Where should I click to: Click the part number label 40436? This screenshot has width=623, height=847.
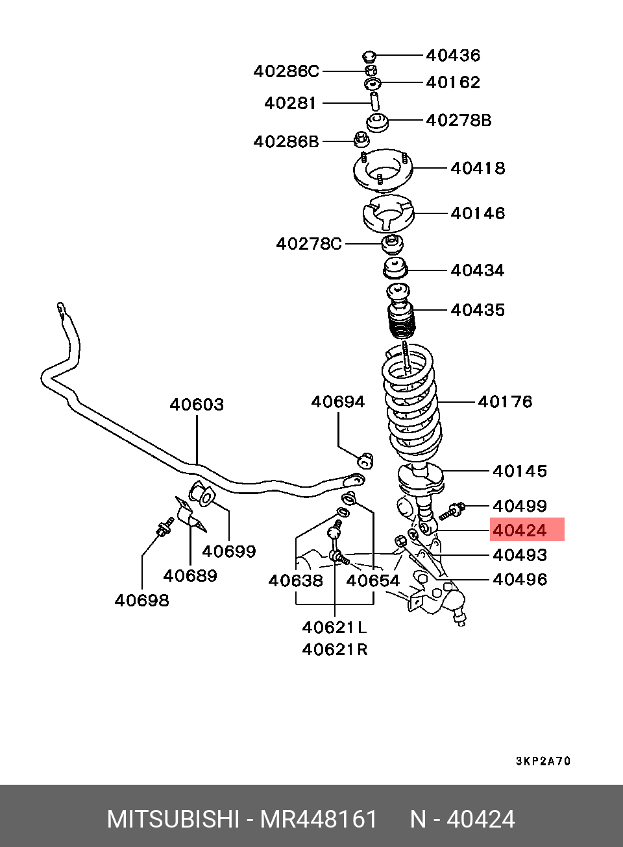point(453,55)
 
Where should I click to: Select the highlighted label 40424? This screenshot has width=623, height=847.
point(520,530)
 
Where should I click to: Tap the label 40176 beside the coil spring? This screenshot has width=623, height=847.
point(505,401)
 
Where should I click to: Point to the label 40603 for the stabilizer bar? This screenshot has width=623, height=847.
point(197,404)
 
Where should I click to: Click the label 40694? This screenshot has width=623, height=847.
point(337,401)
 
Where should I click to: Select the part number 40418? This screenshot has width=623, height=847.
point(478,168)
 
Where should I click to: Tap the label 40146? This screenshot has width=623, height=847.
point(478,213)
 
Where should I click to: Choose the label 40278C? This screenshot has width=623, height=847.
point(309,244)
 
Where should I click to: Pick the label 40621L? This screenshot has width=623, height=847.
point(334,627)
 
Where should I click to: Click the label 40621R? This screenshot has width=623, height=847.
point(334,649)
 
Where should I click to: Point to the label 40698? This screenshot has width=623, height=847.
point(141,600)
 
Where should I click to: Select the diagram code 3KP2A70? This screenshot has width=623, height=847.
point(543,761)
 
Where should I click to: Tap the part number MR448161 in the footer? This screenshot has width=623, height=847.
point(319,819)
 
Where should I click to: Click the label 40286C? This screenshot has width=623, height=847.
point(286,71)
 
